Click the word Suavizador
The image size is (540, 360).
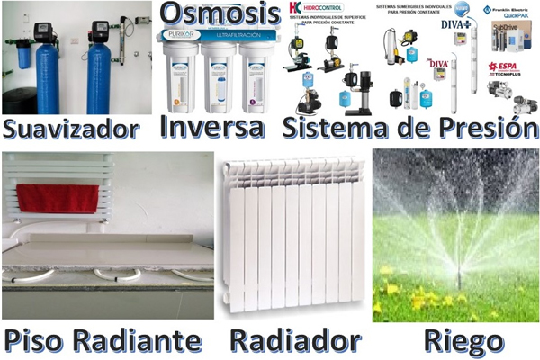[x=72, y=128]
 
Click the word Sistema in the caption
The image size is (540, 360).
[x=337, y=126]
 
